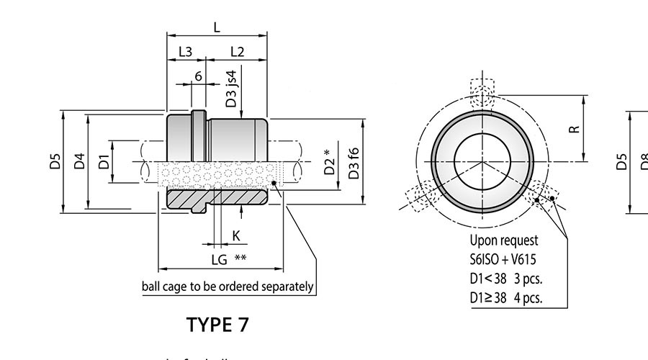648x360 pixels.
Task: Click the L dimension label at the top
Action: [217, 27]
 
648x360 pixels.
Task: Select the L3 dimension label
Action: [185, 52]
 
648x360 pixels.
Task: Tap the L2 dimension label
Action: [238, 52]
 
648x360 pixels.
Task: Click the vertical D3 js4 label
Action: [230, 89]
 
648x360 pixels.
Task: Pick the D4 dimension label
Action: [80, 161]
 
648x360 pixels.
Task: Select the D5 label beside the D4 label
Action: [55, 161]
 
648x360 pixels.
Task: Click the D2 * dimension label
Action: [329, 163]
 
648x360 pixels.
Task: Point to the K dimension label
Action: [235, 235]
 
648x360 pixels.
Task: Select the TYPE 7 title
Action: [217, 325]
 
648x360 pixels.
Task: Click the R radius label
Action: [573, 129]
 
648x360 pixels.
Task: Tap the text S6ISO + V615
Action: [503, 260]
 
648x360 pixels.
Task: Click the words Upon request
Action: [503, 241]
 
